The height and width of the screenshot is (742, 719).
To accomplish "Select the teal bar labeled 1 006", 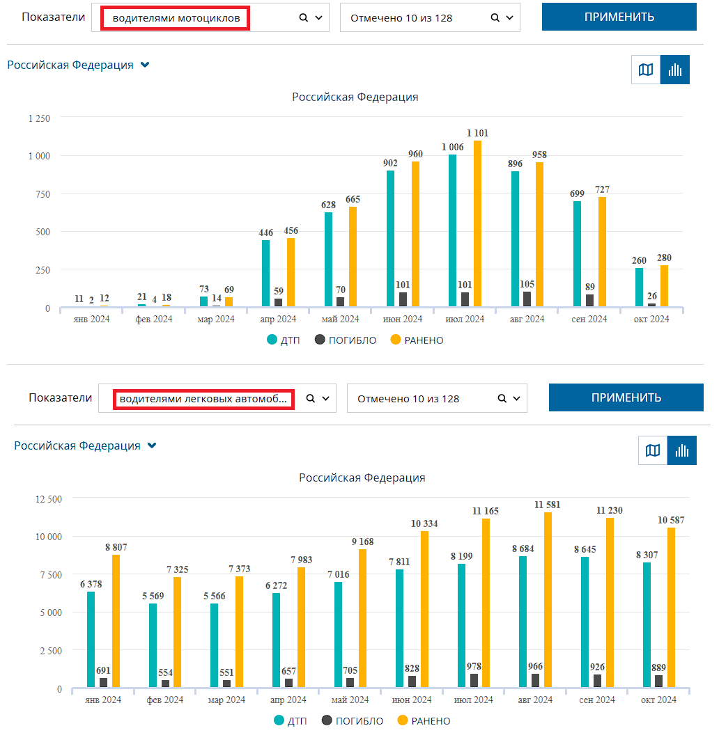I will pyautogui.click(x=452, y=230).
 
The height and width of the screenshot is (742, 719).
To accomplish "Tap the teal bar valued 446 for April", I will pyautogui.click(x=265, y=273).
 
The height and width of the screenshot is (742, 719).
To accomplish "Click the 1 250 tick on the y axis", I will pyautogui.click(x=39, y=118).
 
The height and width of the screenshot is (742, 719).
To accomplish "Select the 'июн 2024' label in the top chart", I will pyautogui.click(x=403, y=319).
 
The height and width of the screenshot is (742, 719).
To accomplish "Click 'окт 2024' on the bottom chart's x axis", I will pyautogui.click(x=658, y=700).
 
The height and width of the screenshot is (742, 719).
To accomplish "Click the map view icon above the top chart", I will pyautogui.click(x=646, y=70).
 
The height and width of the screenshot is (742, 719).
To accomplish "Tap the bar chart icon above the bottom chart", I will pyautogui.click(x=681, y=450).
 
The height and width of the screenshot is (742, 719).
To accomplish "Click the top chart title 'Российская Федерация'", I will pyautogui.click(x=355, y=97).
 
